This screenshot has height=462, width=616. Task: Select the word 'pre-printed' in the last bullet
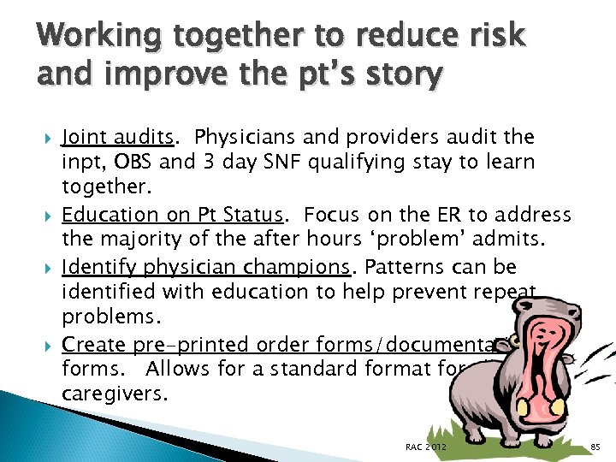tap(176, 345)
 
